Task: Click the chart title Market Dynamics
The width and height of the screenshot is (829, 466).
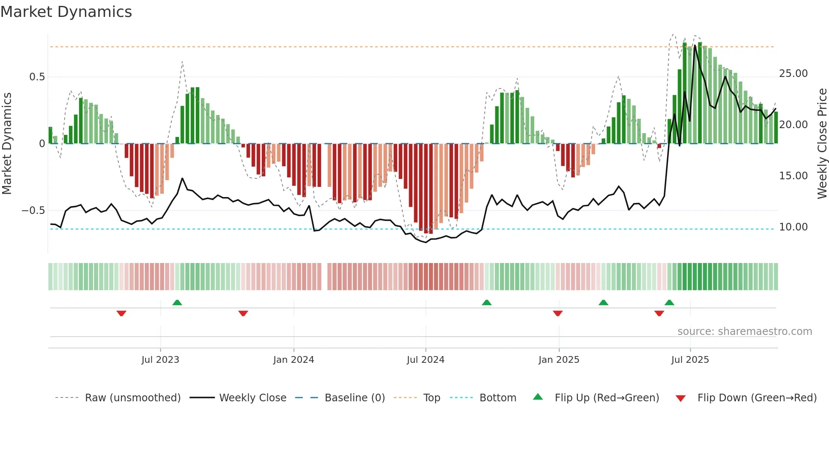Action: (66, 12)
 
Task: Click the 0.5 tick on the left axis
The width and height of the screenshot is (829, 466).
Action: (37, 77)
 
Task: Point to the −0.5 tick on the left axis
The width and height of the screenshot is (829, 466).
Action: (33, 211)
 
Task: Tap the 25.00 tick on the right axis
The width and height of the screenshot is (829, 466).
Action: (793, 74)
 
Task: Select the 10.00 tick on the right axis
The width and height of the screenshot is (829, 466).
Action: (793, 227)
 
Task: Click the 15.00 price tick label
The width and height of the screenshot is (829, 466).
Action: (793, 176)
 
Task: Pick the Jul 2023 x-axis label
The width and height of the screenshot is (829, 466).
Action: (160, 360)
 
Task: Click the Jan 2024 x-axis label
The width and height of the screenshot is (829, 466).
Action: (294, 360)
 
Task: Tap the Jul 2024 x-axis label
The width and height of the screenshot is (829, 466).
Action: (425, 360)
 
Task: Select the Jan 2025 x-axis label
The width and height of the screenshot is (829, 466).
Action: (559, 360)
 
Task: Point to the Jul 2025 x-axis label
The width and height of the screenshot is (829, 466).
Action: (690, 360)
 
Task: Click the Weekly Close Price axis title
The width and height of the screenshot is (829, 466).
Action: (822, 143)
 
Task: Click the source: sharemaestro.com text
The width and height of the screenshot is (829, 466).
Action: (744, 332)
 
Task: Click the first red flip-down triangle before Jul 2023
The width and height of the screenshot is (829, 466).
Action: (121, 313)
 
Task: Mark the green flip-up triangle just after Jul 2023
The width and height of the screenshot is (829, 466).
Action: (177, 302)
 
